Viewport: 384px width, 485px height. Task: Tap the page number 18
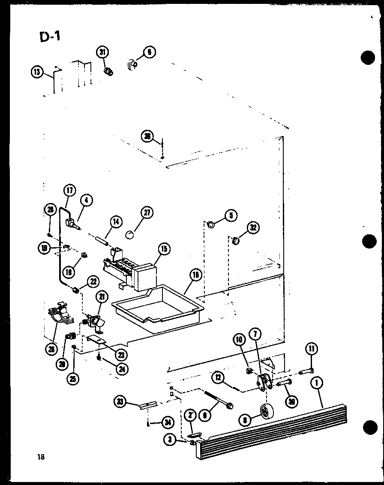coord(41,456)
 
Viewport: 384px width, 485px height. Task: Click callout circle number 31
coord(102,53)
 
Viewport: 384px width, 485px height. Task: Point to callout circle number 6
coord(149,52)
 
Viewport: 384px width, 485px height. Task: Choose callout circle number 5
coord(231,215)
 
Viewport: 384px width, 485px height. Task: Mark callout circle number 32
coord(253,228)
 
